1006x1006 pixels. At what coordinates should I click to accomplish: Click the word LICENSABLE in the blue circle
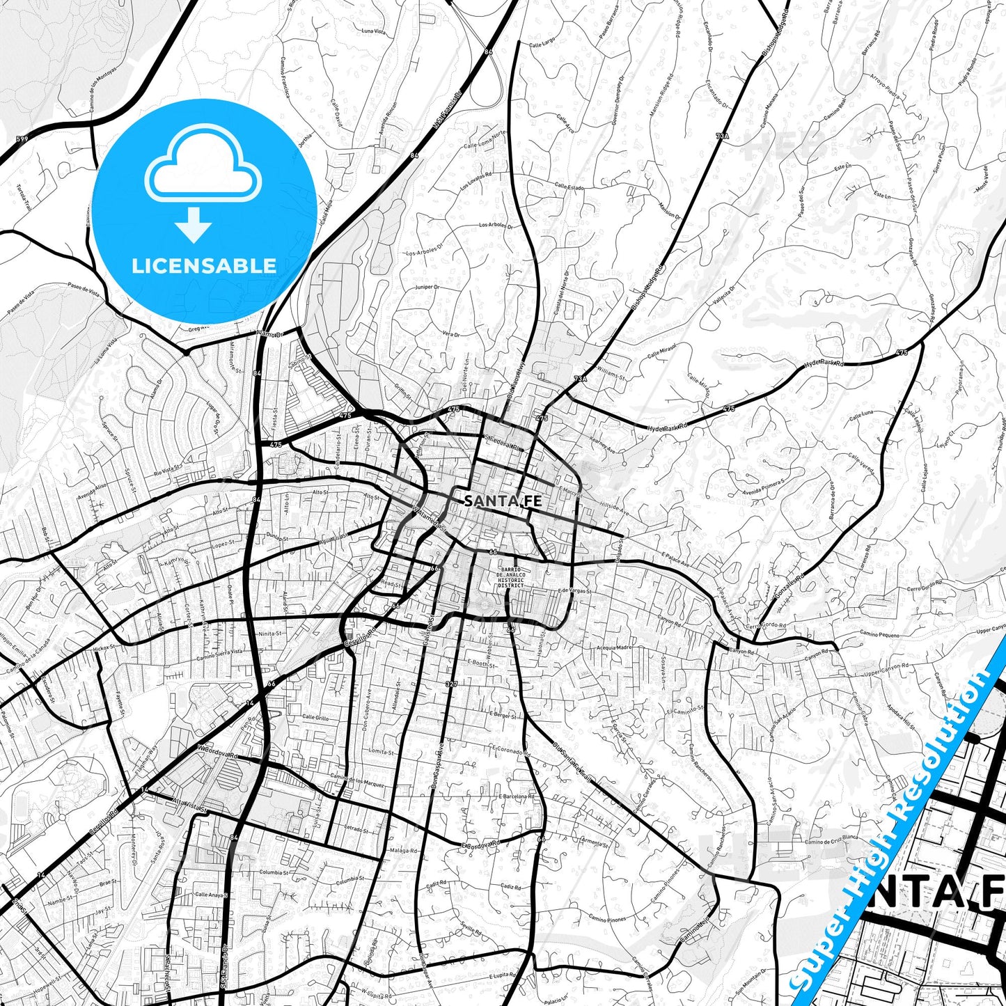click(204, 266)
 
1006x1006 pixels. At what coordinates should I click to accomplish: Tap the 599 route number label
click(22, 140)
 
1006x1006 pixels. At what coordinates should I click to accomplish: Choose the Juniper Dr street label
click(426, 287)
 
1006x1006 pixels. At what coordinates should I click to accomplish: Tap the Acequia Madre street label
click(614, 647)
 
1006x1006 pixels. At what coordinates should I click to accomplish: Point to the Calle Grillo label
click(315, 717)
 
